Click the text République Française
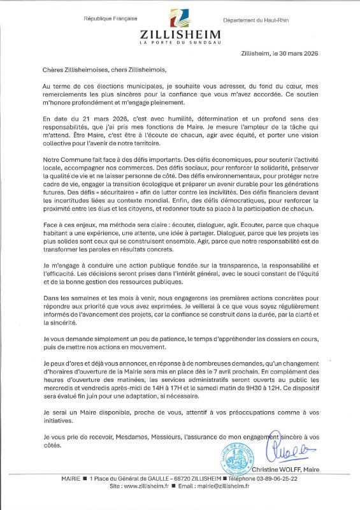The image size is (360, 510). click(x=111, y=18)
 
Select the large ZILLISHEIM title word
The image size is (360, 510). click(x=180, y=34)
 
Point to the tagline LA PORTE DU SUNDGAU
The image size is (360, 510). click(x=180, y=43)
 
